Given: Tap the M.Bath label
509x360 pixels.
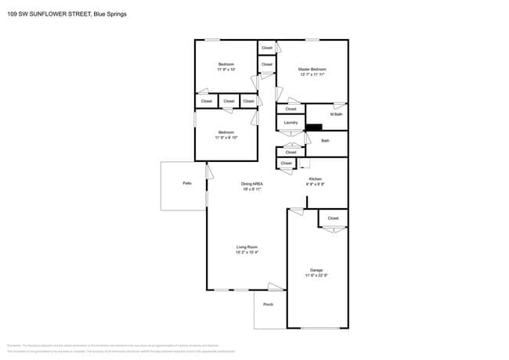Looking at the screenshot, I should click(x=336, y=115).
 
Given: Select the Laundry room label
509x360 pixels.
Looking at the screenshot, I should click(x=291, y=123).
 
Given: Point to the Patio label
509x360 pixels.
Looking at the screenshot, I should click(x=187, y=183).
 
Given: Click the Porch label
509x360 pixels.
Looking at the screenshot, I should click(x=268, y=304).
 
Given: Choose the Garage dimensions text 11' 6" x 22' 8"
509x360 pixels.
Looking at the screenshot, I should click(x=316, y=275).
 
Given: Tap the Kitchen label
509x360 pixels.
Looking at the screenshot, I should click(x=315, y=179).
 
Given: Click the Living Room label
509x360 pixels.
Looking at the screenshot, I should click(x=247, y=247).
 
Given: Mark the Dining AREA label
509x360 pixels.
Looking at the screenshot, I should click(x=251, y=184).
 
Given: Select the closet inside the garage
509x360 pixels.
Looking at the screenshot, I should click(x=333, y=218).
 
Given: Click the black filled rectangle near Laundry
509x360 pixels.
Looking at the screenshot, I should click(x=314, y=128).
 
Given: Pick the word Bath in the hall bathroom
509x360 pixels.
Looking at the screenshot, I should click(x=325, y=141).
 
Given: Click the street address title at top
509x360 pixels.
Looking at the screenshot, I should click(x=67, y=14).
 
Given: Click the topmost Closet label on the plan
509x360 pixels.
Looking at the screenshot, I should click(x=267, y=48).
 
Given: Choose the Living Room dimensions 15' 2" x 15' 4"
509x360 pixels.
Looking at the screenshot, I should click(x=247, y=253).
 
